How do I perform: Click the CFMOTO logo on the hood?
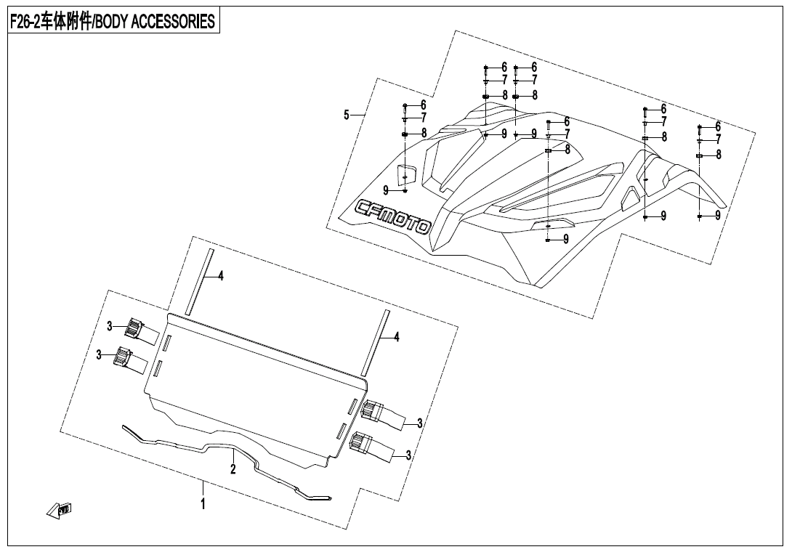pos(392,217)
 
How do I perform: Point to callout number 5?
pos(347,115)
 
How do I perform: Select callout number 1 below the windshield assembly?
pos(203,503)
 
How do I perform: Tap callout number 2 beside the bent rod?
pos(233,469)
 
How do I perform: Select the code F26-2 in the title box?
pos(25,22)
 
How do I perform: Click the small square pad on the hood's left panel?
pos(405,175)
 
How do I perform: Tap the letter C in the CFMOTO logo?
pos(363,208)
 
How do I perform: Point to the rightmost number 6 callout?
pos(718,126)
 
